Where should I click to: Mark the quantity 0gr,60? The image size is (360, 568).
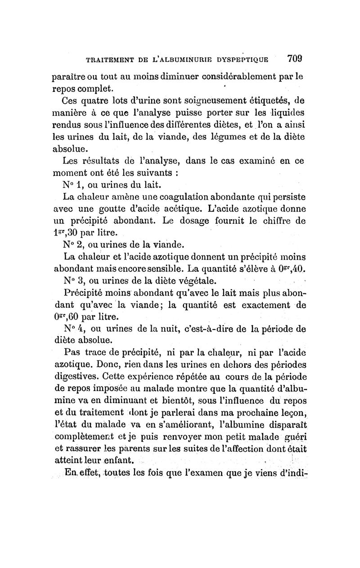[x=63, y=316]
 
